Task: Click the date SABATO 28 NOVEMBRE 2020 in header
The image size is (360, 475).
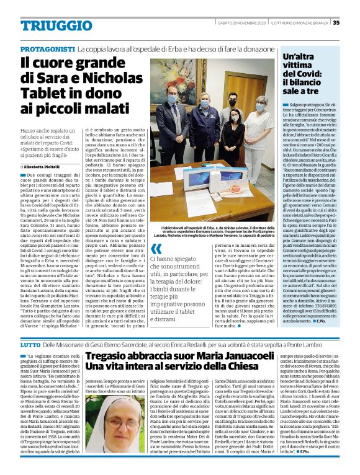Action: click(x=236, y=23)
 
